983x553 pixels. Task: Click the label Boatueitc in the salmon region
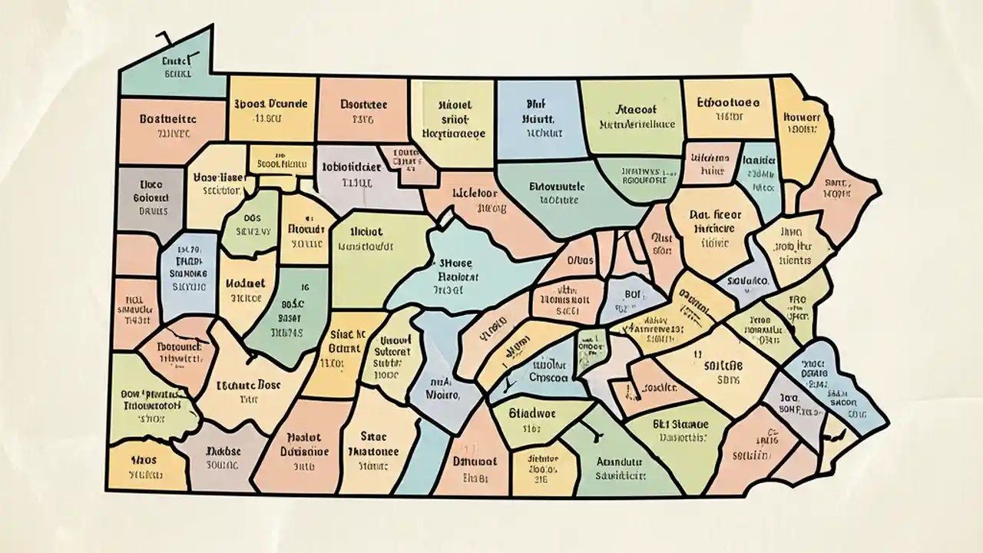[x=167, y=119]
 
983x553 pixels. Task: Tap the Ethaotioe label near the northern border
[x=727, y=101]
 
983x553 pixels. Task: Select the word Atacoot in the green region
[x=637, y=109]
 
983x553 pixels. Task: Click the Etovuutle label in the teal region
[x=557, y=186]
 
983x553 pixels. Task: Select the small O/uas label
[x=581, y=260]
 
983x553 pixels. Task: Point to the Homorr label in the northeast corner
[x=801, y=118]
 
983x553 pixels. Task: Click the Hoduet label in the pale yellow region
[x=246, y=283]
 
